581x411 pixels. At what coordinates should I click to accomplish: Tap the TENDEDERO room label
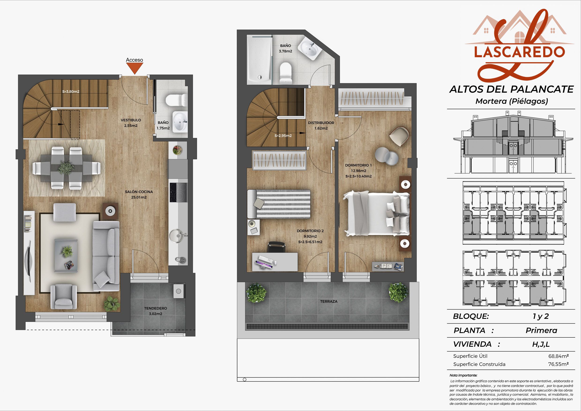click(156, 308)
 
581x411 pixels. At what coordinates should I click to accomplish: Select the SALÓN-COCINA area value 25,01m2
click(139, 197)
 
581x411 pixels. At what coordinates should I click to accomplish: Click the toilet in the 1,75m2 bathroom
click(176, 100)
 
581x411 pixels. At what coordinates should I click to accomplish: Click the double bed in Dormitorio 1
click(376, 214)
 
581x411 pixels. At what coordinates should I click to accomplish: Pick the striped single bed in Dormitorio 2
click(279, 204)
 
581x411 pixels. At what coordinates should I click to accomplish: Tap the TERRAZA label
click(329, 301)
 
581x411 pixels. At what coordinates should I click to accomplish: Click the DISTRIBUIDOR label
click(321, 123)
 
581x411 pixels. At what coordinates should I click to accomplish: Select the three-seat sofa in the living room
click(106, 256)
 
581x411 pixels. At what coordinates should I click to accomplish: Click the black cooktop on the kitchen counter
click(178, 192)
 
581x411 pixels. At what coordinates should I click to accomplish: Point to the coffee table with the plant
click(66, 256)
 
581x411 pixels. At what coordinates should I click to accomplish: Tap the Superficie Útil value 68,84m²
click(559, 356)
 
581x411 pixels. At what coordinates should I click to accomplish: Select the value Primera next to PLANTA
click(541, 330)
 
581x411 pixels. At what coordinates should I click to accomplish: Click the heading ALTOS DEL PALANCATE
click(511, 89)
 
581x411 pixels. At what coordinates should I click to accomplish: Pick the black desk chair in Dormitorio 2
click(276, 247)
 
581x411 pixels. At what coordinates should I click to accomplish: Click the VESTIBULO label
click(131, 120)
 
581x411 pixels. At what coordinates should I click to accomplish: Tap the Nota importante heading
click(463, 375)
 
